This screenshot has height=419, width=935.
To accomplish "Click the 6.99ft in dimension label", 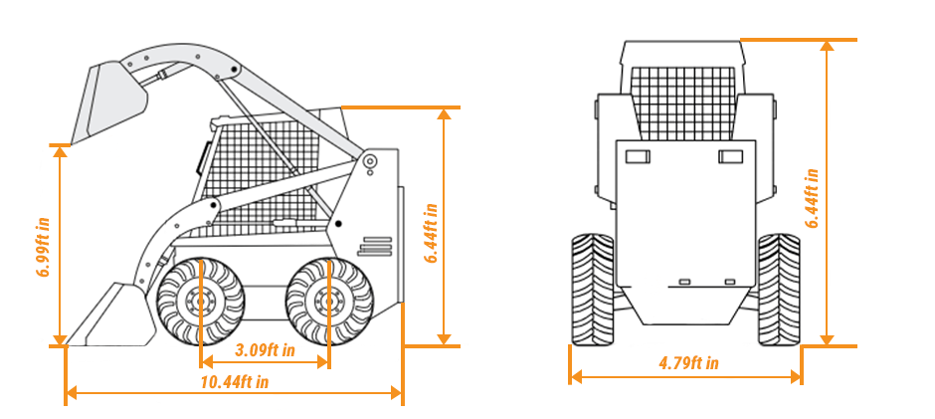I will tap(45, 246).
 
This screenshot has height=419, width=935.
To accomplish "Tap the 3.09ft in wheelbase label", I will tap(265, 349).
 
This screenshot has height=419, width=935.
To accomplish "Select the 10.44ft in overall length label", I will tap(235, 381).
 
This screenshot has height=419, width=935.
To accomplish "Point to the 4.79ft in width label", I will tap(688, 363).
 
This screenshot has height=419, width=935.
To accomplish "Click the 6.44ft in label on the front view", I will tap(813, 198).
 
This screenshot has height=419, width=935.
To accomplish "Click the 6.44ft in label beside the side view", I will tap(431, 235).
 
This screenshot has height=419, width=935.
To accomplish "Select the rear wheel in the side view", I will tap(328, 299).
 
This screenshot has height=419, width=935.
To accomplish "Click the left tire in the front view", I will tap(593, 287).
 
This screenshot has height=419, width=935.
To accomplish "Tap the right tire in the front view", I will tap(779, 287).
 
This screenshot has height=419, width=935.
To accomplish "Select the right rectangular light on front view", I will tap(731, 155).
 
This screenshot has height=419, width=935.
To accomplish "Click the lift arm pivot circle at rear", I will tap(370, 161).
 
